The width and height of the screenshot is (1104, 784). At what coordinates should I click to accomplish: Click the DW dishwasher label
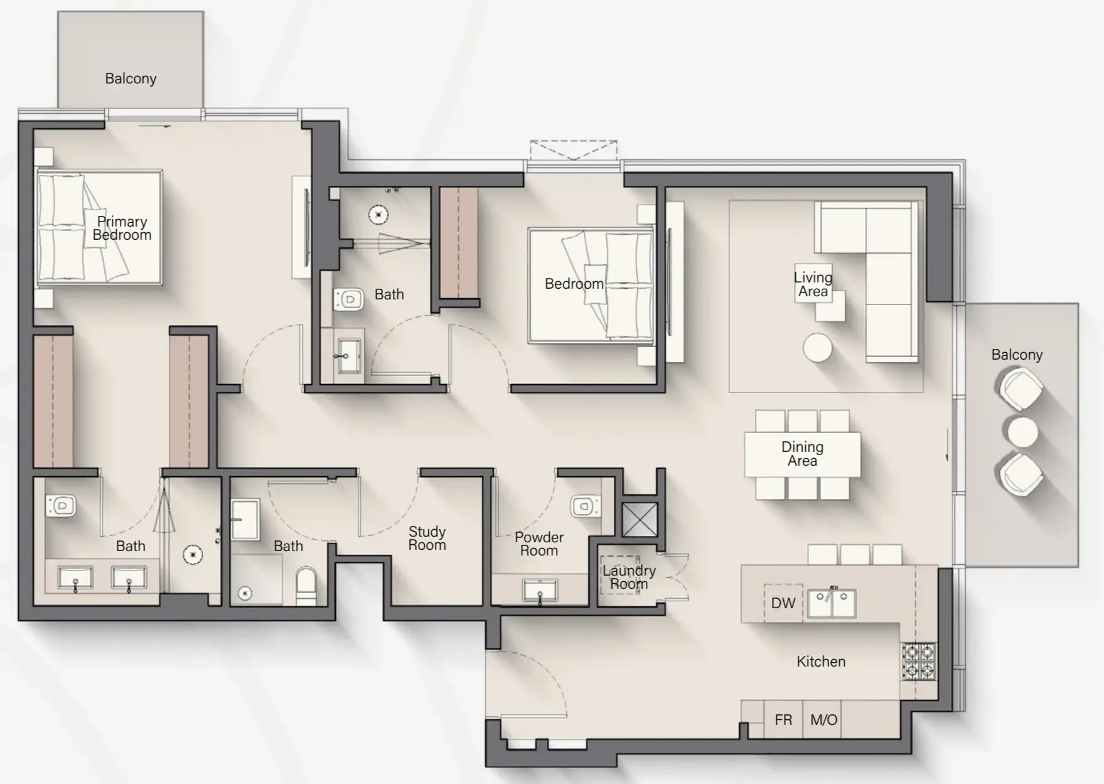[x=783, y=603]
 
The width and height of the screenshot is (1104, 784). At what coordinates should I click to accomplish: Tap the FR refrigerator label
[x=783, y=720]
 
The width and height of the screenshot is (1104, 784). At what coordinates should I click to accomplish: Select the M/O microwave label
[x=823, y=720]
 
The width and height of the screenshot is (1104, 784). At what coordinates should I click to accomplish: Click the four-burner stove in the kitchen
[x=919, y=662]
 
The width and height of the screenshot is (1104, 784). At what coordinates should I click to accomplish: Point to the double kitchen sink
[x=832, y=603]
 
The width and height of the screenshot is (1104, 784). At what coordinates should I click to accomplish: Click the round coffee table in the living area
[x=818, y=348]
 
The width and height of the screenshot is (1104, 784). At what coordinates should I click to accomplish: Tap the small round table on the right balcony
[x=1022, y=432]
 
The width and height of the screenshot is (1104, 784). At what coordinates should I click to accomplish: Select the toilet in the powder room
[x=584, y=506]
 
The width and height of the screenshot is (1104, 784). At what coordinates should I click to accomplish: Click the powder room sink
[x=540, y=591]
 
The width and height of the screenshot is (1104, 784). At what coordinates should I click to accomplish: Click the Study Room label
[x=427, y=539]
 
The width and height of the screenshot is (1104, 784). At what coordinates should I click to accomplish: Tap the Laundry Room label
[x=629, y=577]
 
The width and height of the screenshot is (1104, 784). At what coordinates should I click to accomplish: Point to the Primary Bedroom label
[x=122, y=228]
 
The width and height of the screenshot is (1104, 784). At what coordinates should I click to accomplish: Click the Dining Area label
[x=802, y=454]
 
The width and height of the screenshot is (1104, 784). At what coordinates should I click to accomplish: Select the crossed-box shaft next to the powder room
[x=640, y=519]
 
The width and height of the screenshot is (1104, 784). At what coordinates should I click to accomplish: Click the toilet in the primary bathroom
[x=62, y=505]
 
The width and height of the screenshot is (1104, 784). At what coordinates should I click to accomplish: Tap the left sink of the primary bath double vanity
[x=75, y=577]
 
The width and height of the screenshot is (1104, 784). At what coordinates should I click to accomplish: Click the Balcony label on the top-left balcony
[x=131, y=78]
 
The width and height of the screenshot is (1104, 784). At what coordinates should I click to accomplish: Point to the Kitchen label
[x=820, y=662]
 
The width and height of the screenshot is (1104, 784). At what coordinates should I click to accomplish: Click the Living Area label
[x=813, y=284]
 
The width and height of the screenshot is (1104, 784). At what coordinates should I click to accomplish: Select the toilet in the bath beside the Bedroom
[x=348, y=300]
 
